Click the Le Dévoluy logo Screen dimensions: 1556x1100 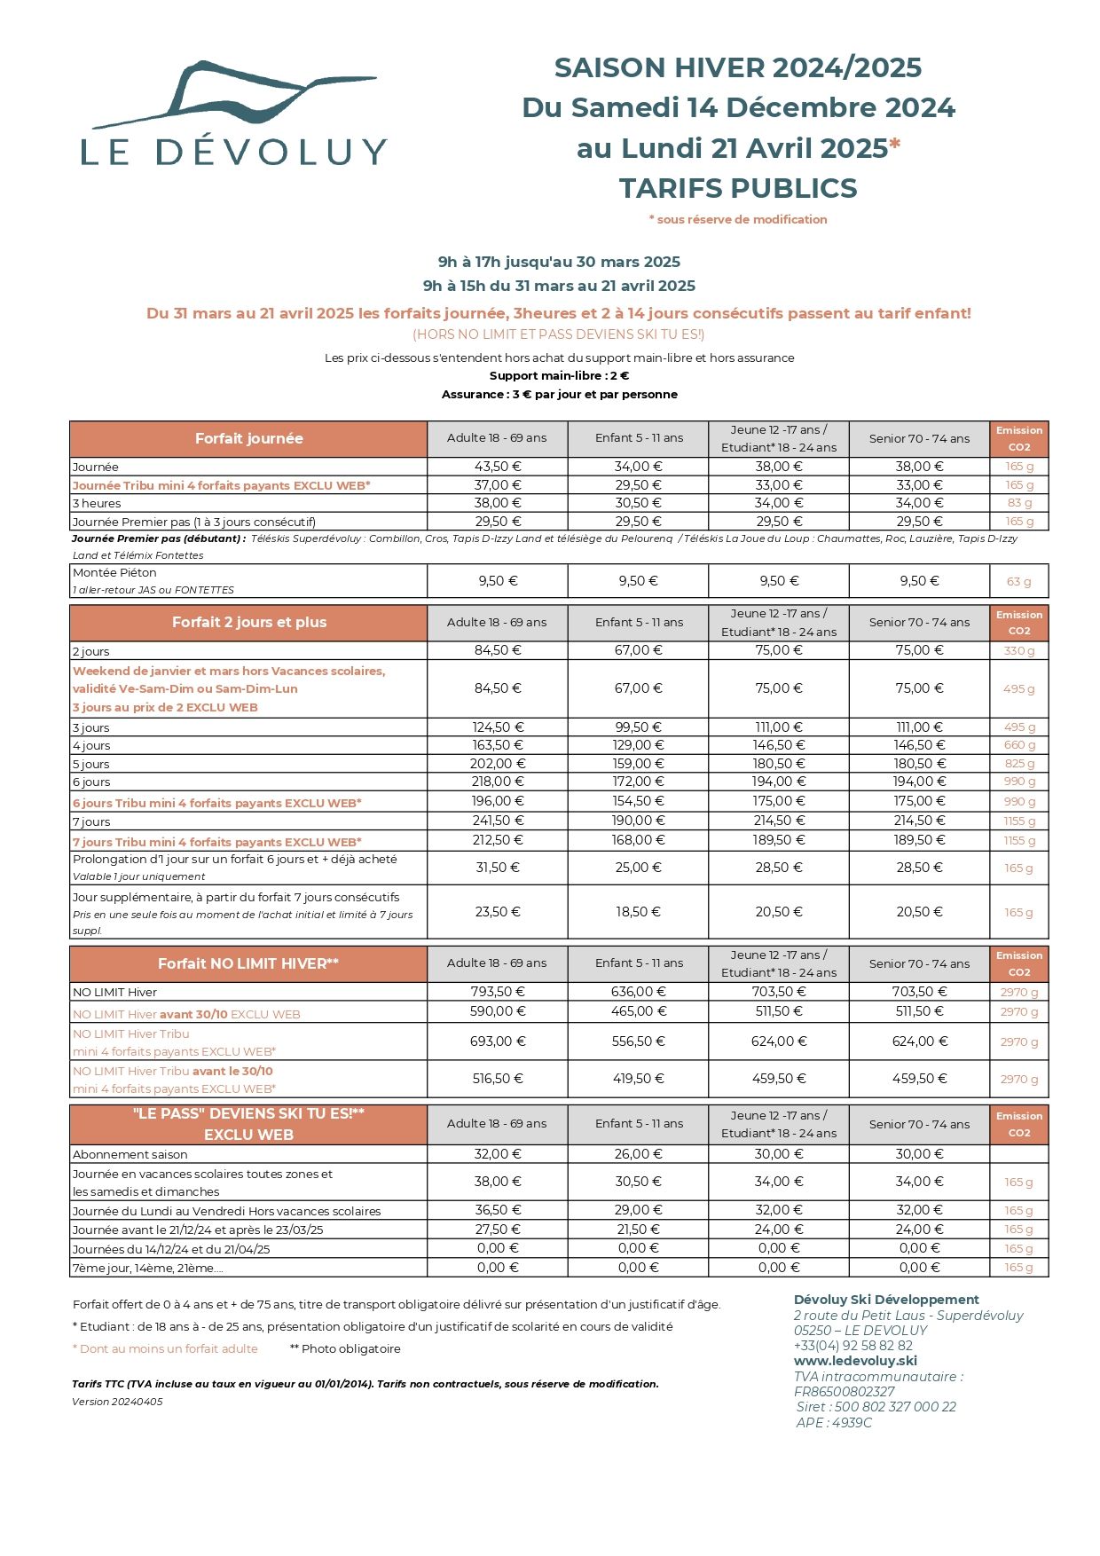[234, 114]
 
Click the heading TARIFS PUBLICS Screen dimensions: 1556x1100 [738, 188]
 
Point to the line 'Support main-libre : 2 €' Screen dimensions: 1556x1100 [559, 376]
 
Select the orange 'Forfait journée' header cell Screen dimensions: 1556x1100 [248, 439]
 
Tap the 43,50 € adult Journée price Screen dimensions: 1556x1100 [498, 467]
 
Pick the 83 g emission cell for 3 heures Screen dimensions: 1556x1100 [1019, 503]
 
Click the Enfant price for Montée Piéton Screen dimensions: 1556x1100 [638, 581]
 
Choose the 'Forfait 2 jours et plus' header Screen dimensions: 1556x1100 [248, 623]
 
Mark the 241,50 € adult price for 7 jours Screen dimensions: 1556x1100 [498, 821]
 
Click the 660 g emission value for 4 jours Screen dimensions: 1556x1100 [1019, 745]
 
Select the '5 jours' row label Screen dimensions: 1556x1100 [91, 764]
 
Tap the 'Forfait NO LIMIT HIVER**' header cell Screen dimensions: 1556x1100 [248, 963]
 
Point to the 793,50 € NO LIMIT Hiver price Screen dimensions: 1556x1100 [498, 992]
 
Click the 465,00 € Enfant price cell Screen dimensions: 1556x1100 [638, 1011]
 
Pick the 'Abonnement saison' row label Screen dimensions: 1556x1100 [130, 1155]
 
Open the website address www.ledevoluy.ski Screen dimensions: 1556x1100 [855, 1361]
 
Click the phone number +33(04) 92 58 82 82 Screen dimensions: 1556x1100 [852, 1346]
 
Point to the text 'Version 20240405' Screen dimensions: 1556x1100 [117, 1402]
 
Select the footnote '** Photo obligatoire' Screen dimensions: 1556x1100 [345, 1349]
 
